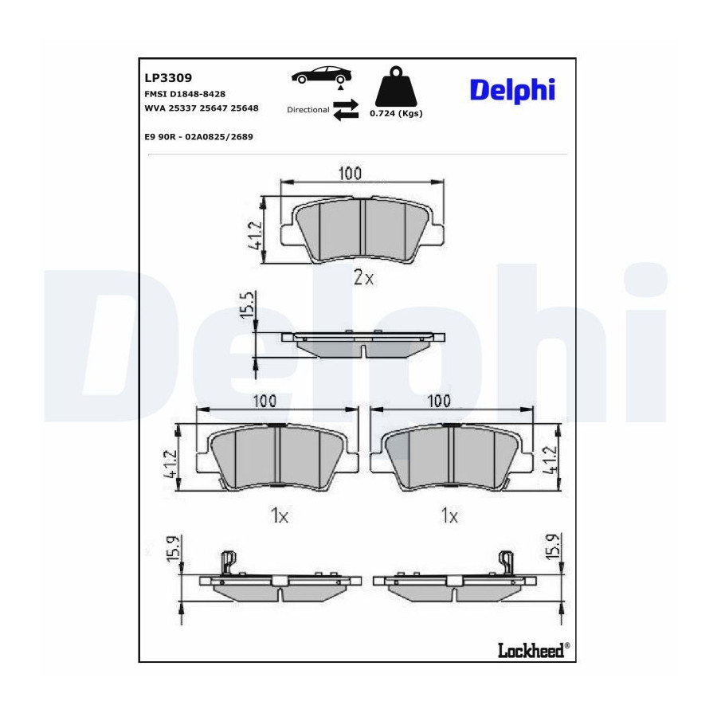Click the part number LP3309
point(168,78)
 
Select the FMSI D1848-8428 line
point(185,94)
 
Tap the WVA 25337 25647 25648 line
point(202,108)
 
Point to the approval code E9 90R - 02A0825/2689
point(198,137)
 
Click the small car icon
point(323,76)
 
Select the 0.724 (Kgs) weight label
point(396,113)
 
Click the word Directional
point(308,110)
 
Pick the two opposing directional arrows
point(347,110)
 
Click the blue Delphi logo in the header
point(512,91)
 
